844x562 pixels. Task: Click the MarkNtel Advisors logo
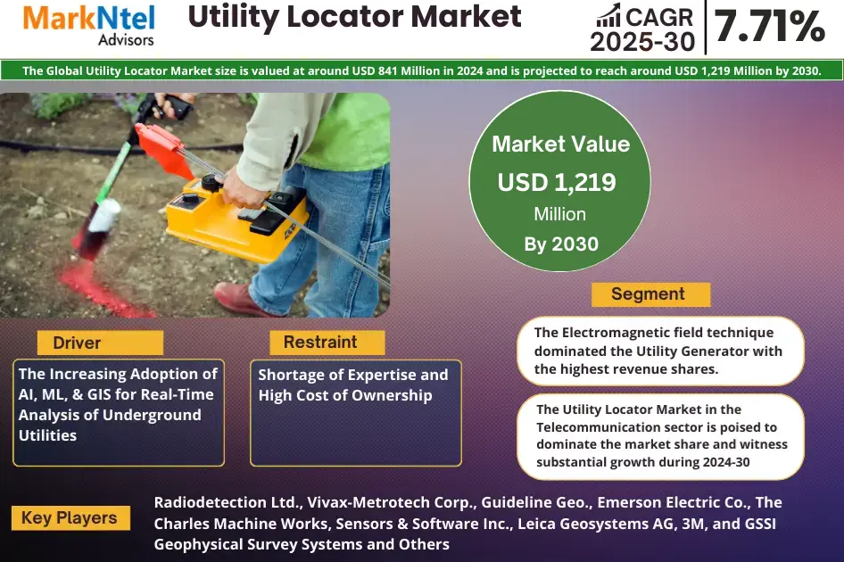88,25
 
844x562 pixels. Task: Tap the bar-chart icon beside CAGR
609,15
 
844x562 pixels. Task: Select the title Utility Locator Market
355,17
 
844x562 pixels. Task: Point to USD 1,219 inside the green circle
557,182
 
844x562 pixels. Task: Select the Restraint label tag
320,343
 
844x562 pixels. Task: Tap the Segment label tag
648,294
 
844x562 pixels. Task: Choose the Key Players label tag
70,518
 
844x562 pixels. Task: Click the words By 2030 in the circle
561,244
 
